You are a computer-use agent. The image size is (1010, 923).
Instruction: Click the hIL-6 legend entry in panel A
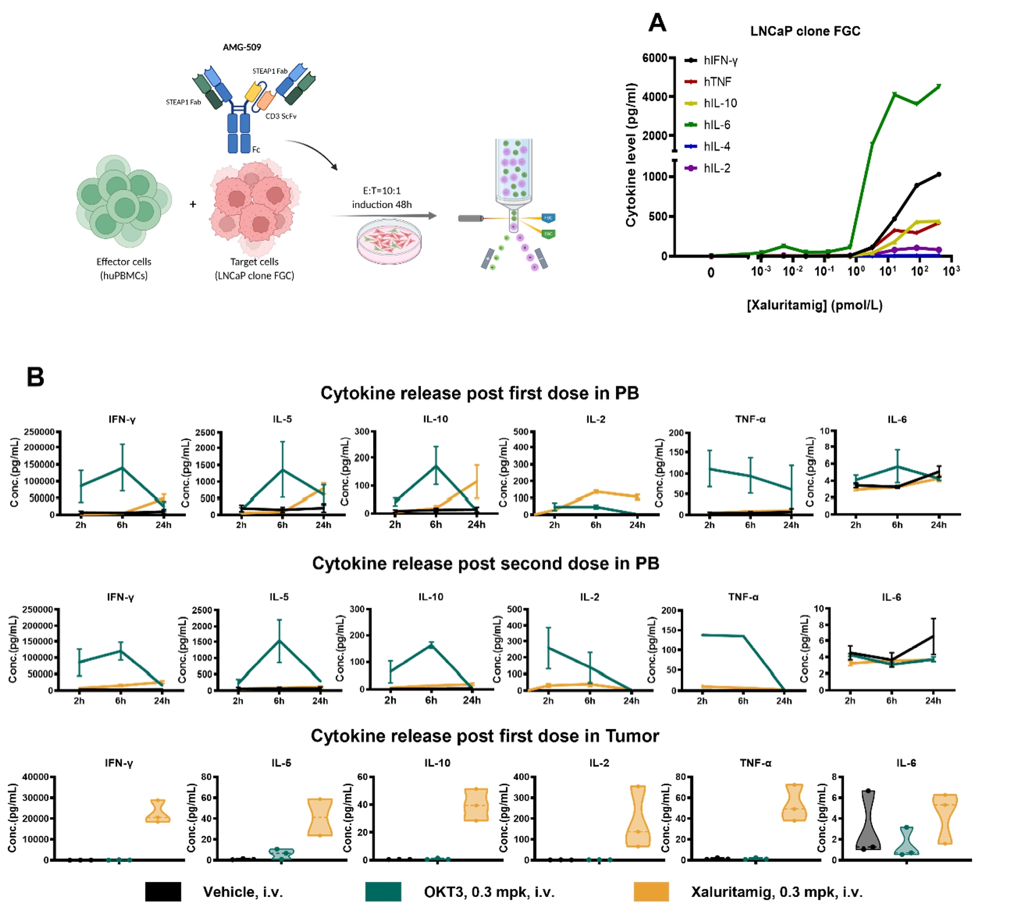tap(716, 125)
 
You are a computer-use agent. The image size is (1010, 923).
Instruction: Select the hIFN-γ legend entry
tap(719, 60)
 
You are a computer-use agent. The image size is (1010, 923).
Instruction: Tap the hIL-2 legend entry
tap(716, 168)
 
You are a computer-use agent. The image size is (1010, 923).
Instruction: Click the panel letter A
tap(657, 23)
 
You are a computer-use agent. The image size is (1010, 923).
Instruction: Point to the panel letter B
tap(35, 377)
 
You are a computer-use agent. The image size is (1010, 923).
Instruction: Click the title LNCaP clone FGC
tap(805, 31)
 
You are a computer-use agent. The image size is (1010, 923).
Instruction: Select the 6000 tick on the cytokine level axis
tap(654, 58)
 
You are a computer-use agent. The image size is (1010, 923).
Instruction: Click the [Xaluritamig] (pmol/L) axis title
tap(814, 305)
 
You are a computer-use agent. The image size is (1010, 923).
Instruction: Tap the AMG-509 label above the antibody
tap(242, 47)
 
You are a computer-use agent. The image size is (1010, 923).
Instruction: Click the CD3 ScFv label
tap(281, 116)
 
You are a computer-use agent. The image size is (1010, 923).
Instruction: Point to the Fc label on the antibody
tap(256, 150)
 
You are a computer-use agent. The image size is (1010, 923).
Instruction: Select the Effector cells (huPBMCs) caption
tap(124, 268)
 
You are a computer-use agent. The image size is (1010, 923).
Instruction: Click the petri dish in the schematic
tap(389, 242)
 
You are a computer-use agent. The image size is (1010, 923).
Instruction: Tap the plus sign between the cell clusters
tap(193, 204)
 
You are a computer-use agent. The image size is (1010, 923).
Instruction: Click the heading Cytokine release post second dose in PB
tap(485, 564)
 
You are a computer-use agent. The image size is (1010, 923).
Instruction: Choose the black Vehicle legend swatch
tap(163, 892)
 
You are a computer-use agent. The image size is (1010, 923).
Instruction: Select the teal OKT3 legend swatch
tap(383, 892)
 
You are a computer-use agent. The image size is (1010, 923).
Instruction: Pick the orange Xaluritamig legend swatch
tap(651, 892)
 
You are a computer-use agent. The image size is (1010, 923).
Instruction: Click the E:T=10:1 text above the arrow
tap(382, 191)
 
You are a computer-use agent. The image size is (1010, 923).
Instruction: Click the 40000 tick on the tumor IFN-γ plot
tap(35, 777)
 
